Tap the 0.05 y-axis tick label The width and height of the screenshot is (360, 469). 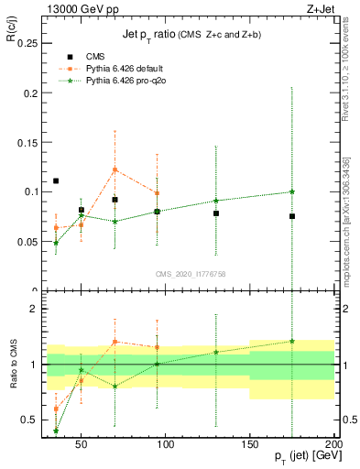28,241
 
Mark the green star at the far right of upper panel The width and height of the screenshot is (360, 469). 292,191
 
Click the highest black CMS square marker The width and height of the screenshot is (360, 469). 56,180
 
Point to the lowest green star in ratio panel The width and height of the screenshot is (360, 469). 56,431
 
